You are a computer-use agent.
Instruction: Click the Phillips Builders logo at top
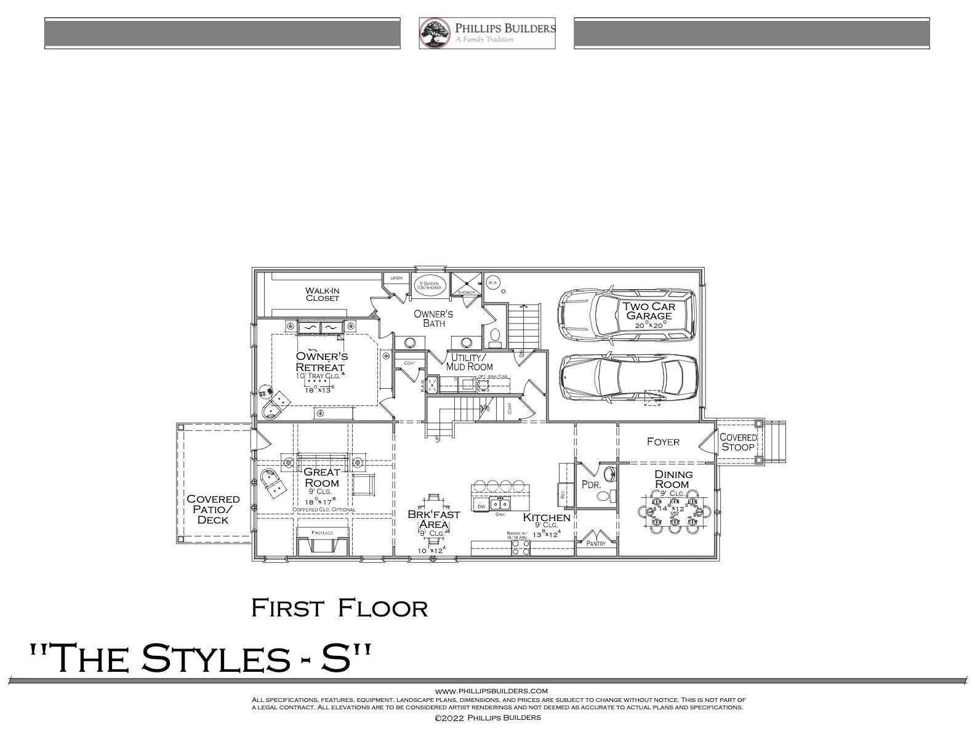point(487,33)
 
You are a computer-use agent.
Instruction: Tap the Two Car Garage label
point(648,311)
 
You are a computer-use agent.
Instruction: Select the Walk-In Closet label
point(323,294)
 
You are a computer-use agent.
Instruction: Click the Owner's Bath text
point(433,318)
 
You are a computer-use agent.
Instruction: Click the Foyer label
point(663,442)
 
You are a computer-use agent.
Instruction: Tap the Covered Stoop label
point(737,442)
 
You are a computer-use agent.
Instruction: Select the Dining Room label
point(673,479)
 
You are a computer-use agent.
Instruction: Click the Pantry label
point(596,544)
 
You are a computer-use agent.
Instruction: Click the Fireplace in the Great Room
point(322,543)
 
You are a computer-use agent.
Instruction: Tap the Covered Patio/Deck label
point(213,509)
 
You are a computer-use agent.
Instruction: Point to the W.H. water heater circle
point(492,282)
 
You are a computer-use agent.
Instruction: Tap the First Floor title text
point(339,608)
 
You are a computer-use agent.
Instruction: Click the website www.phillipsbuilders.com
point(491,691)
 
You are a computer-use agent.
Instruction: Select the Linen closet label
point(396,278)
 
